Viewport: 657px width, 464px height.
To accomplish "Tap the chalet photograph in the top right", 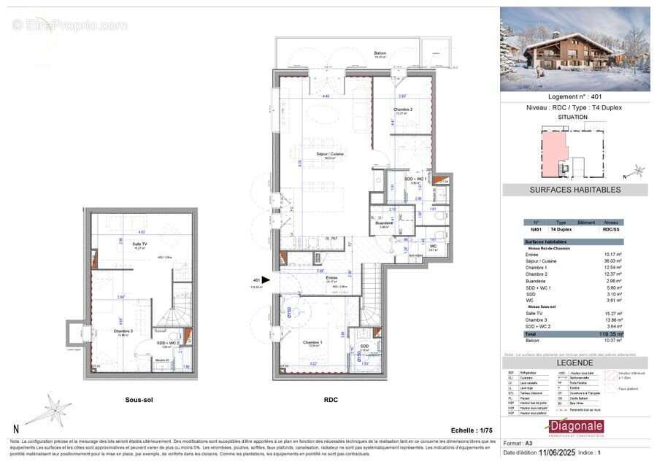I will tap(575, 49).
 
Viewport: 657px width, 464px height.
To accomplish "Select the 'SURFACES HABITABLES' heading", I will tap(575, 190).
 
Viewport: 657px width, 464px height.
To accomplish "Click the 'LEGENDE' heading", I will tap(575, 363).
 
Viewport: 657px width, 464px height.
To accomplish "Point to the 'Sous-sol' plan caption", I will tap(138, 400).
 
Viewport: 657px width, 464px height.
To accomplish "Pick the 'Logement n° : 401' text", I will tap(575, 97).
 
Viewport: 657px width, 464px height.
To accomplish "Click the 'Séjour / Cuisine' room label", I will tap(330, 154).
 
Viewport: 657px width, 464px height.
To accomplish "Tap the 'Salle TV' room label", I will tap(139, 244).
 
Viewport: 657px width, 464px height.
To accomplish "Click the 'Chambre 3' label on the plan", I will tap(123, 330).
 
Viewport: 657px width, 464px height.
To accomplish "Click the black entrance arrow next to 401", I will tap(266, 279).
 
